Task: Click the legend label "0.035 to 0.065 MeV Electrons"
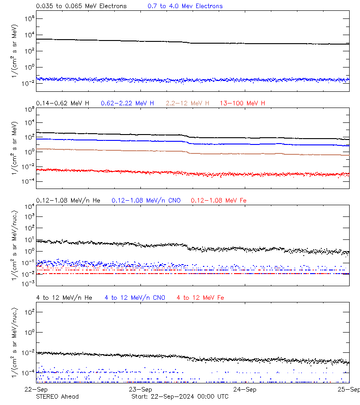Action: tap(81, 6)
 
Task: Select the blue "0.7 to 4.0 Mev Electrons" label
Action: tap(185, 6)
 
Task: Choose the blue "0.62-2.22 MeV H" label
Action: tap(127, 103)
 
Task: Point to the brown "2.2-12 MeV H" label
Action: tap(187, 103)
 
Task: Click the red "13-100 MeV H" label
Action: tap(242, 103)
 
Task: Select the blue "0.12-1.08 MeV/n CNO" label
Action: tap(146, 200)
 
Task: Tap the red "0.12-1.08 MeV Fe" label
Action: tap(218, 200)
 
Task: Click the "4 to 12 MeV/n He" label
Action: tap(64, 297)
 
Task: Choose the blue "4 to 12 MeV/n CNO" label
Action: tap(135, 297)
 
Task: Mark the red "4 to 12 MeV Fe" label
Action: tap(200, 297)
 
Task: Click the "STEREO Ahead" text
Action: tap(57, 396)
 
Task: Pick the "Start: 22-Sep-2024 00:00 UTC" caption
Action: tap(180, 396)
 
